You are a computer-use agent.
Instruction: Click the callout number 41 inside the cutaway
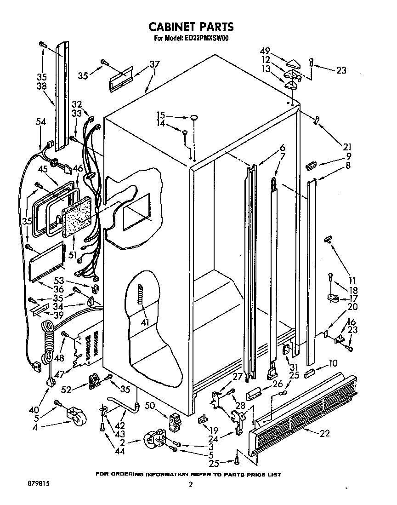[x=145, y=322]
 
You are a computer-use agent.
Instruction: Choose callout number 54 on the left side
[x=41, y=121]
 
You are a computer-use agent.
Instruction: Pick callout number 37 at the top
[x=154, y=64]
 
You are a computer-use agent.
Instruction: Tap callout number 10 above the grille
[x=333, y=364]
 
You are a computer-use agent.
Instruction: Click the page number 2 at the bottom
[x=191, y=484]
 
